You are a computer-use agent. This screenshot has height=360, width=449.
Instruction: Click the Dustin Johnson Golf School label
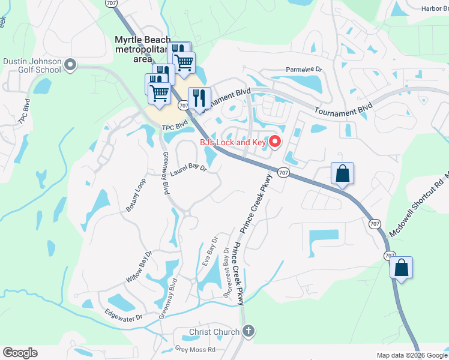32,65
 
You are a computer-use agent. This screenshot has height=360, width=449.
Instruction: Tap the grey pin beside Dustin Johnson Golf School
70,65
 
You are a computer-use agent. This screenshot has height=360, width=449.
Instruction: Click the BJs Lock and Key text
233,142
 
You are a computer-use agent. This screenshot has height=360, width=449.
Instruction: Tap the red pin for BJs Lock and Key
276,142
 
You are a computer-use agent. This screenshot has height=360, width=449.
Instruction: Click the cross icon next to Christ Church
249,331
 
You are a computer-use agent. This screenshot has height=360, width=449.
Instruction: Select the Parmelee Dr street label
304,70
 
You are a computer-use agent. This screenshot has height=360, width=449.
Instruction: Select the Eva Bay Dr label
211,254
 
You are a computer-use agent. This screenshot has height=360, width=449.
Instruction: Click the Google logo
20,353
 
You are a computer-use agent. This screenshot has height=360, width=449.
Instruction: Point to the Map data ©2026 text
399,355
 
